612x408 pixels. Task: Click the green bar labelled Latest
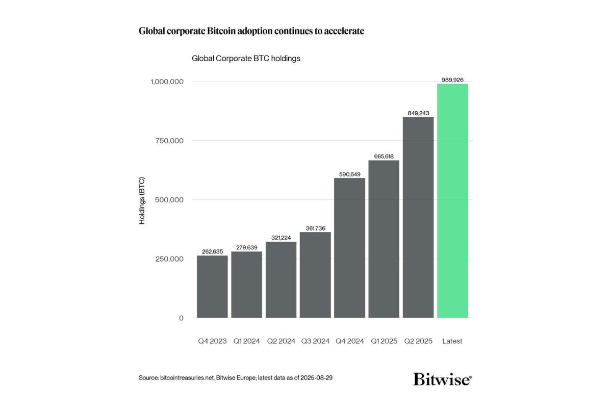452,201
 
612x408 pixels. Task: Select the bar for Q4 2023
212,287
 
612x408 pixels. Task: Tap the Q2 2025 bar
418,217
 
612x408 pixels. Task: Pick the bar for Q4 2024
349,248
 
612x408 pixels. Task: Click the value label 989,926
452,80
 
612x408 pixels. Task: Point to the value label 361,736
315,228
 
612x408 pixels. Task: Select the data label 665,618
384,157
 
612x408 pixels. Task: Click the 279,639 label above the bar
247,248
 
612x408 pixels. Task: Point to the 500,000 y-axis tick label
169,200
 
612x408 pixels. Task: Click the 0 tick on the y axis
181,318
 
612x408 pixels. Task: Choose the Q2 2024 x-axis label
281,341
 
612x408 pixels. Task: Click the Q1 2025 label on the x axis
384,341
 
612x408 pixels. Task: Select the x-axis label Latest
452,341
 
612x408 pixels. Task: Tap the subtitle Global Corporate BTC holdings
246,59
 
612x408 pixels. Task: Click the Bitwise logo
442,379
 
